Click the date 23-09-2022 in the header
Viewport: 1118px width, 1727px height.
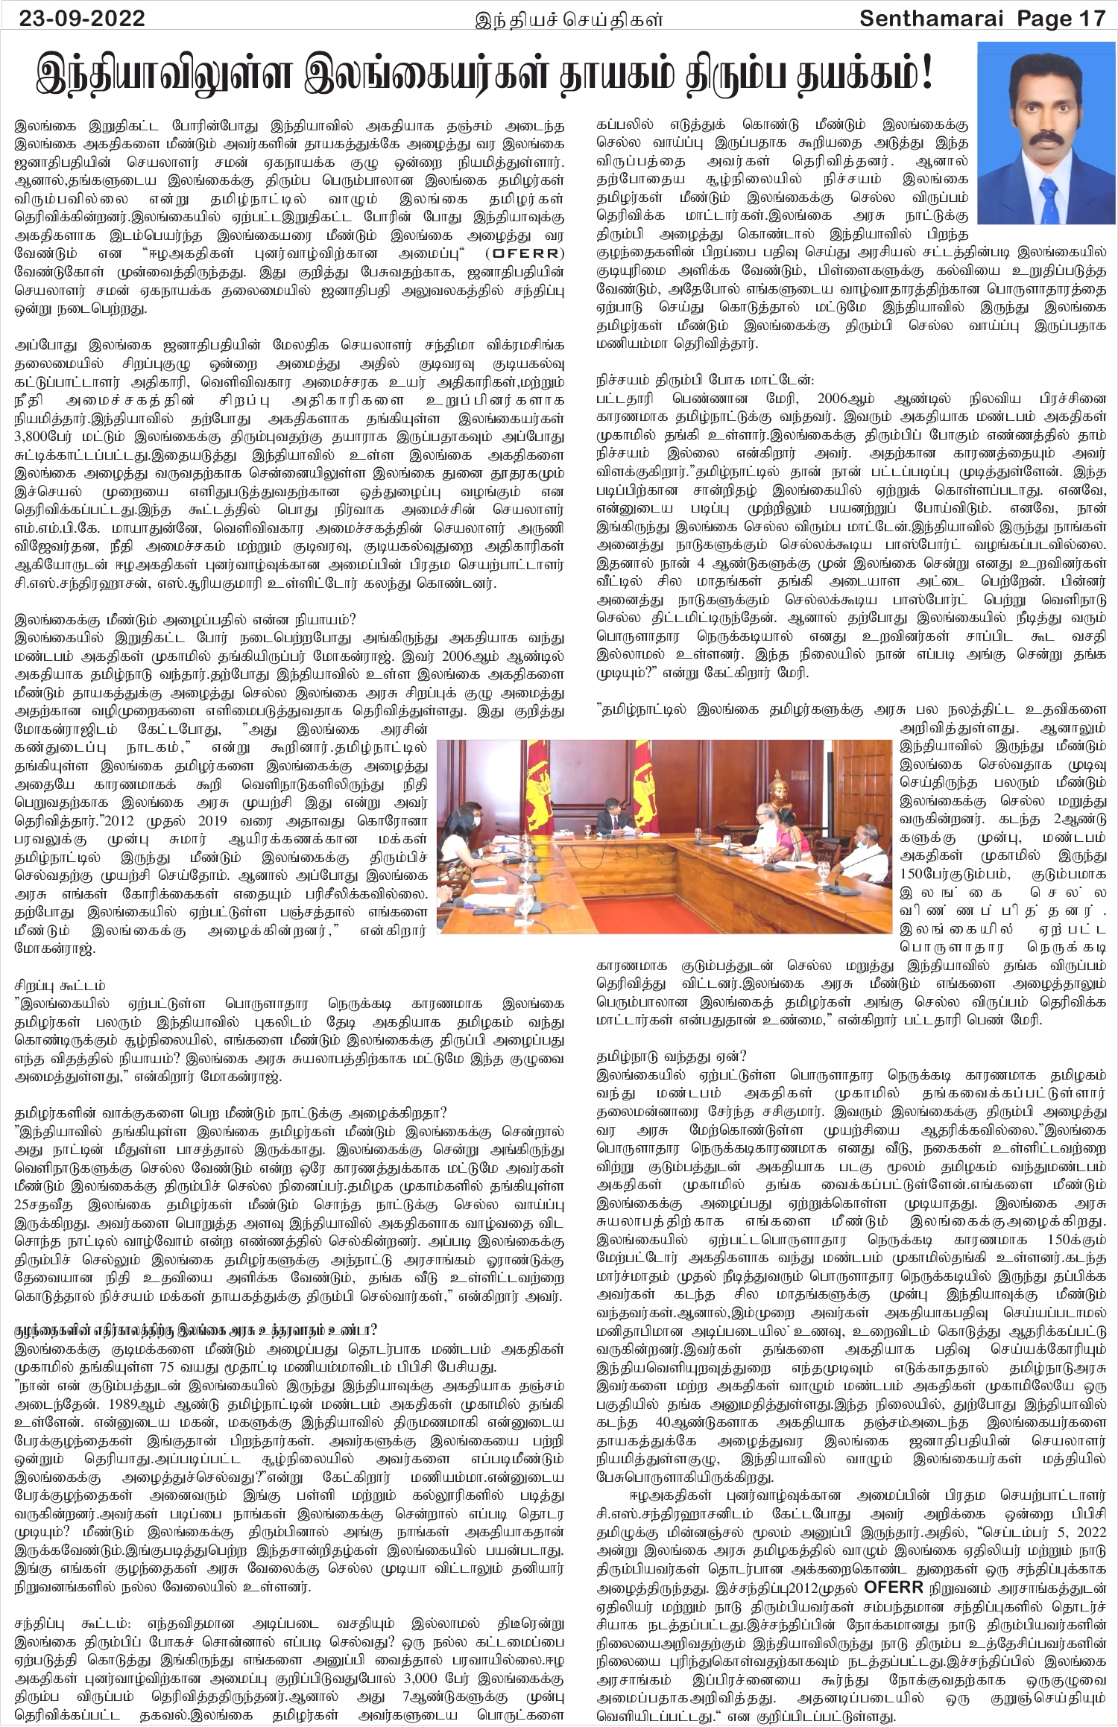click(82, 18)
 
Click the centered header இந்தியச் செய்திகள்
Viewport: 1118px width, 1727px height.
click(569, 19)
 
